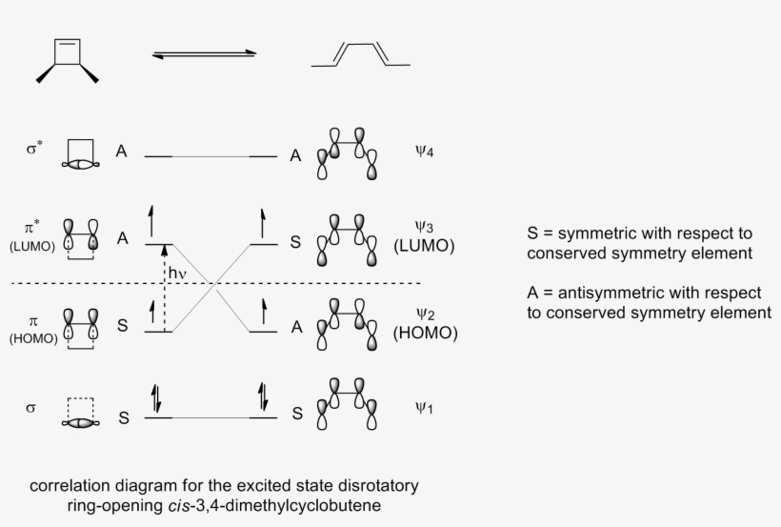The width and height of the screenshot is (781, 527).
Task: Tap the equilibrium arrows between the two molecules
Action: click(x=205, y=54)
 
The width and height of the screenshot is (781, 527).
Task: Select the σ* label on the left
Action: click(x=34, y=150)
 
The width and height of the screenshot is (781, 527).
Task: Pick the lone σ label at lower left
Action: click(x=31, y=409)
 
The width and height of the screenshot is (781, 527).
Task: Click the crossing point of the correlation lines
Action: click(x=218, y=283)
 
